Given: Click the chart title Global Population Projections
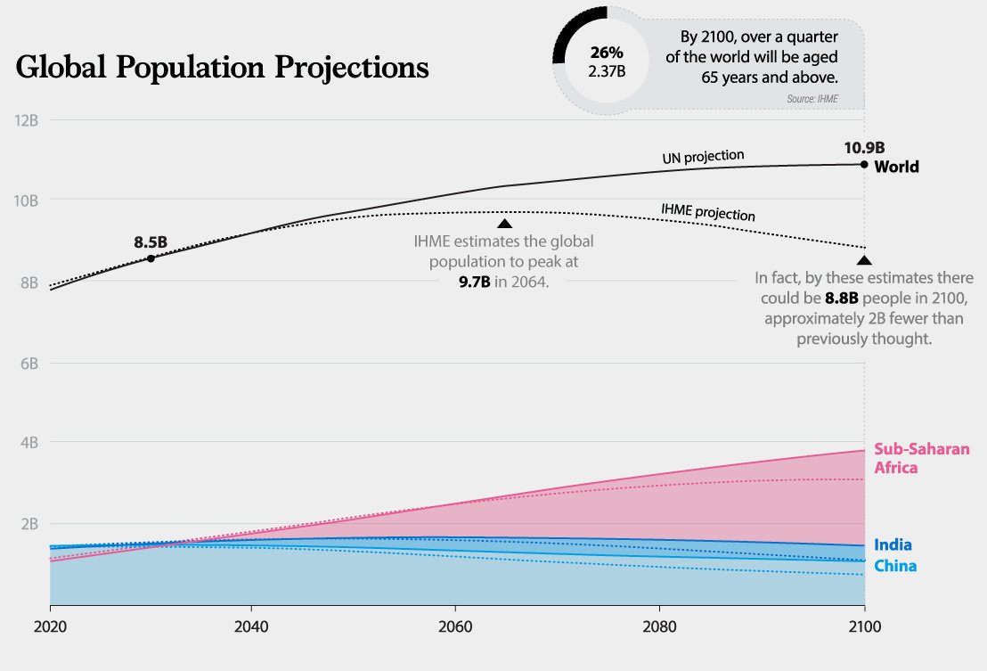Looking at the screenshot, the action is [222, 68].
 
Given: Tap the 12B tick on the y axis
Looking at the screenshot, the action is [26, 119].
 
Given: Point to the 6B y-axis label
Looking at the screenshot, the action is [29, 364].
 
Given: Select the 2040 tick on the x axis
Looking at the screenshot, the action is [251, 626].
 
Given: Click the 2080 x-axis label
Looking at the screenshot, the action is [660, 626].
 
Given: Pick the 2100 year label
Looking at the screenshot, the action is [864, 626].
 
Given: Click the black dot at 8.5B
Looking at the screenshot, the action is [151, 258].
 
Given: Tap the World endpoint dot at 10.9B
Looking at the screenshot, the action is [864, 164].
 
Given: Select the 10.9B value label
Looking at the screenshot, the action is [864, 148].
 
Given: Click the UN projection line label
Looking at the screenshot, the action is [703, 156].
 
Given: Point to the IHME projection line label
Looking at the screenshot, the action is [708, 211].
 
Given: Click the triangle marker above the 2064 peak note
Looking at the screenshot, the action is [504, 224].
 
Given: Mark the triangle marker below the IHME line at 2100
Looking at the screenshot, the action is [864, 260].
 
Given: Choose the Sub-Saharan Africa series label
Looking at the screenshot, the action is [922, 458].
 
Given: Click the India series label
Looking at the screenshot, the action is [893, 544].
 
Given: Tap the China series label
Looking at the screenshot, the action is [895, 566].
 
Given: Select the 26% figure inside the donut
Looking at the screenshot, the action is [607, 53].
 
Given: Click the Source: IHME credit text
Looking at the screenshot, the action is [812, 99].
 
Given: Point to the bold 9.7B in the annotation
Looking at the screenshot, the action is [475, 282].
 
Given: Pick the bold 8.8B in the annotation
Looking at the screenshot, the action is [842, 298].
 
